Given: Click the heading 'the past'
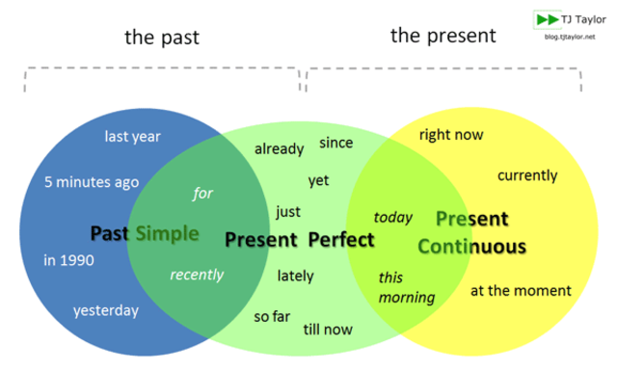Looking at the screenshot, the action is point(162,38).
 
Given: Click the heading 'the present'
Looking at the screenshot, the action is point(443,36).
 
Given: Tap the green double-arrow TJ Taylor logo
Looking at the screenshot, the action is point(548,19).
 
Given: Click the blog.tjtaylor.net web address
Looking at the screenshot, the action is point(570,37).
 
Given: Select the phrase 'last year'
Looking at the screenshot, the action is point(133,137).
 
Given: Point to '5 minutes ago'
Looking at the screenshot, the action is point(92,182).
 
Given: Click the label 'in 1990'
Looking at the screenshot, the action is point(68,260).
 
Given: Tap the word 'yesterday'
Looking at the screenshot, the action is point(106,310).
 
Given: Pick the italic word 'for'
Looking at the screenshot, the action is point(203,194).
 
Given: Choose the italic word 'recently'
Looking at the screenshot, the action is point(197,275).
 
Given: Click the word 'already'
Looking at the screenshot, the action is point(279,149).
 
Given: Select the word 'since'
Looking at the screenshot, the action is point(336,143).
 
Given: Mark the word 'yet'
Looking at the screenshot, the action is point(318,181).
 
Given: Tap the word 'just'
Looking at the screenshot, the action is point(288,212).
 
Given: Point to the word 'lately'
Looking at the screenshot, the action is point(296,276).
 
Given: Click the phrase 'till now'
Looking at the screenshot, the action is point(328,330).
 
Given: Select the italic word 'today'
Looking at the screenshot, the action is point(393,217).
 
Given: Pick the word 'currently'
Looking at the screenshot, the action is point(527,175).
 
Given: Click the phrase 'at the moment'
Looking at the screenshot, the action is point(521,291).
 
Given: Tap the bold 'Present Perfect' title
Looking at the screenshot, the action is point(300,240).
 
